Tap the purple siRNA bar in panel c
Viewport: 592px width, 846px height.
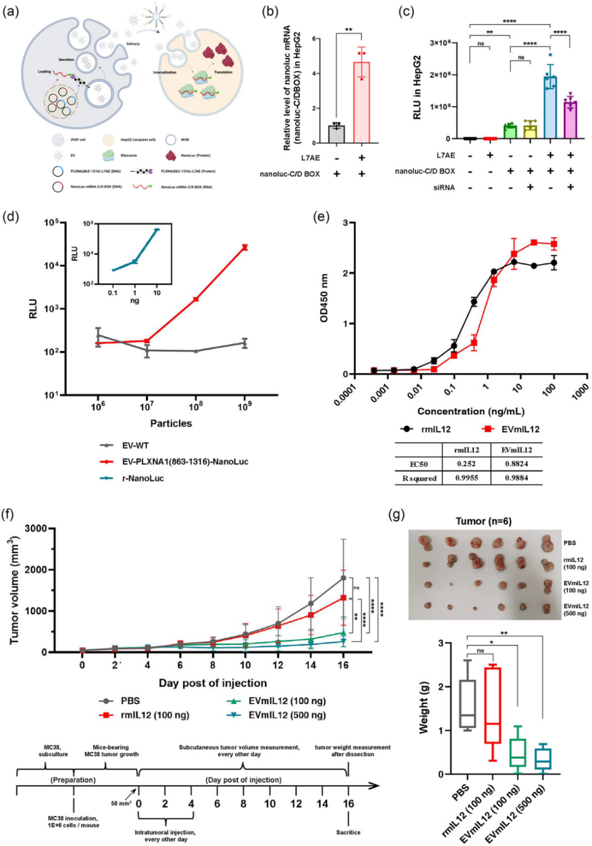pyautogui.click(x=570, y=120)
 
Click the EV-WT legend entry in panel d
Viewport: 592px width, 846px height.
pyautogui.click(x=135, y=446)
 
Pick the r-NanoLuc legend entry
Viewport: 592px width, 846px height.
pyautogui.click(x=143, y=478)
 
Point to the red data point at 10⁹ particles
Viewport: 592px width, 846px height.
pyautogui.click(x=245, y=247)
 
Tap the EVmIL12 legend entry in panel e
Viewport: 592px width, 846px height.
pyautogui.click(x=520, y=429)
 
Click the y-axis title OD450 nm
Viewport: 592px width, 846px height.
pyautogui.click(x=325, y=298)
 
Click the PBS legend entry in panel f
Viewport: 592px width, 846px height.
pyautogui.click(x=130, y=701)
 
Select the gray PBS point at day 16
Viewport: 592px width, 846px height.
pyautogui.click(x=344, y=578)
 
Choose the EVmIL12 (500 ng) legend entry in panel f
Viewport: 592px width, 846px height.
pyautogui.click(x=287, y=715)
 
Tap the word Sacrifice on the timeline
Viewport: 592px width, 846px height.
pyautogui.click(x=348, y=832)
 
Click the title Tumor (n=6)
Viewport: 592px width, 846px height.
pyautogui.click(x=483, y=521)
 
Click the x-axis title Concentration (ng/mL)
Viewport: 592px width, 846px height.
pyautogui.click(x=470, y=411)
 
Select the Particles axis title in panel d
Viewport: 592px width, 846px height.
pyautogui.click(x=171, y=424)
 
